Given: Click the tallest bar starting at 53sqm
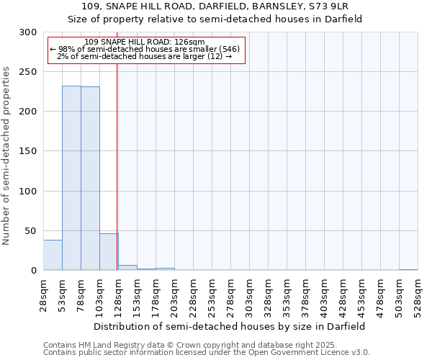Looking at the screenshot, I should point(71,178).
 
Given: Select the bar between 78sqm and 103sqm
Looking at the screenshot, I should point(90,179).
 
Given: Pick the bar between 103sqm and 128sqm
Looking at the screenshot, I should point(109,252).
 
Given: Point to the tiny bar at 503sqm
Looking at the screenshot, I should point(408,269).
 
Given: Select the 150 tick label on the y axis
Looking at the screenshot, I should point(28,151).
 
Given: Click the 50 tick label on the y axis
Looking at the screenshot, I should point(30,230).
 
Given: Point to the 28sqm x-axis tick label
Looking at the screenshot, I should point(44,293).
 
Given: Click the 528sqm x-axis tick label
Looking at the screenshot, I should point(418,293).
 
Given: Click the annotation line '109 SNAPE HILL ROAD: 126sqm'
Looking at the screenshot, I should point(144,42).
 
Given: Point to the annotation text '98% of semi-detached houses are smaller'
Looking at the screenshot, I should point(144,49).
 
